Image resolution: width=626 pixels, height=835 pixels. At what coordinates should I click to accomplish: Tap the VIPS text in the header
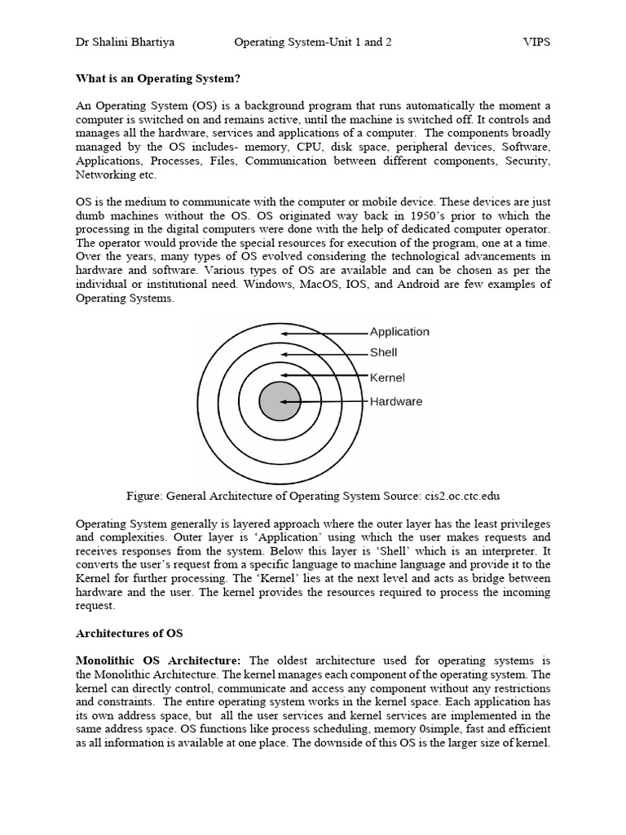tap(536, 42)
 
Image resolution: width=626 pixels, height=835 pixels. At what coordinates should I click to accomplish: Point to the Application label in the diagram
tap(399, 332)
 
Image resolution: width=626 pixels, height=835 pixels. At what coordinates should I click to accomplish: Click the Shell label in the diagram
tap(384, 353)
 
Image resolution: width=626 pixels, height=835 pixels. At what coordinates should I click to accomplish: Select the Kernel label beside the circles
tap(387, 378)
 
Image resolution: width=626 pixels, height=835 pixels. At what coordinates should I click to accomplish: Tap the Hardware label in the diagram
tap(396, 401)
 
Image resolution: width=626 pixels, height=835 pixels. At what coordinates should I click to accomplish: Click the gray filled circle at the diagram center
tap(280, 401)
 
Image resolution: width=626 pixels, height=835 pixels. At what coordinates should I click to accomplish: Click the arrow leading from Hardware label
tap(326, 402)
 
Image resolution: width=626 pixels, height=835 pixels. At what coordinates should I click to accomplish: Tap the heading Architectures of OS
tap(130, 633)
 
